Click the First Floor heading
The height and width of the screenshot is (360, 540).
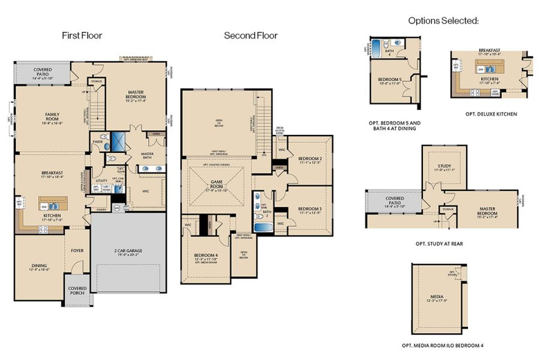coord(82,35)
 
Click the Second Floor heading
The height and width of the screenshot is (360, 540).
coord(251,35)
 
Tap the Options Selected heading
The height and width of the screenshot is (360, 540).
coord(443,20)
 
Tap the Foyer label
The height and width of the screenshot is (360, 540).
coord(77,250)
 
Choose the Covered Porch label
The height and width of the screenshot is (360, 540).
coord(77,290)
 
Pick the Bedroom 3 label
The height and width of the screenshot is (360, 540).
coord(310,210)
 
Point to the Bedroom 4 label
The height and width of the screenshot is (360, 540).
coord(206,257)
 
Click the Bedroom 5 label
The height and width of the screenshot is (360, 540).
coord(390,81)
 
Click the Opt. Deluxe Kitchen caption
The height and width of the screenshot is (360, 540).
coord(490,114)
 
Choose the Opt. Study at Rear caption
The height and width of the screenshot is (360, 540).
coord(442,244)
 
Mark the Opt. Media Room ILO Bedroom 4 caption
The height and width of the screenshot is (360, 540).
coord(442,346)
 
